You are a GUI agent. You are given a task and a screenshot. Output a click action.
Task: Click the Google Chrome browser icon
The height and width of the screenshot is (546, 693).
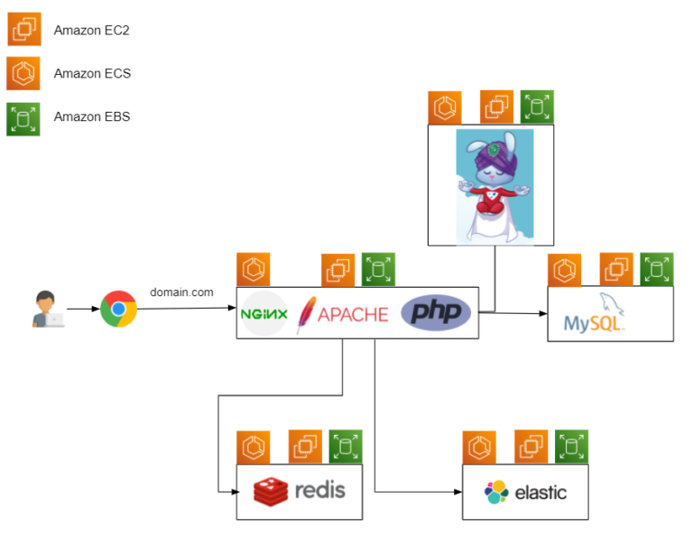coord(118,309)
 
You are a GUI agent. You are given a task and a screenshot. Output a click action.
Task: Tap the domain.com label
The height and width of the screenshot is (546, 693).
coord(181,292)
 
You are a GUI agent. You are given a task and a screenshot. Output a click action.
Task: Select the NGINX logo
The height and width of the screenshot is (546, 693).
coord(264,314)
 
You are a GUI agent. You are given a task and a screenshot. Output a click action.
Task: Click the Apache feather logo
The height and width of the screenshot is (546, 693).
coord(307,314)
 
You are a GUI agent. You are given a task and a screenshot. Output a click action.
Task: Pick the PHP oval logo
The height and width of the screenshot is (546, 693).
coord(436,312)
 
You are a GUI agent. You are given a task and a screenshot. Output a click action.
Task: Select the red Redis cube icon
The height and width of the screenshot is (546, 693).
coord(271,491)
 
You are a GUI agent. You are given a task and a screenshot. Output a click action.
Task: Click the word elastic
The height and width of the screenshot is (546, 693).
coord(541,493)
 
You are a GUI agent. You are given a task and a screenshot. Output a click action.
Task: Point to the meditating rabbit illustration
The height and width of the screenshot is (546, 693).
coord(494,185)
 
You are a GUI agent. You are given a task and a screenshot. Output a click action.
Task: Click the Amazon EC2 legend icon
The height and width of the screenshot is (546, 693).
coord(23,30)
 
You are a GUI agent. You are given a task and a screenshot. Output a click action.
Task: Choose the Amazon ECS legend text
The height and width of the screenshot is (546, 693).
coord(92,73)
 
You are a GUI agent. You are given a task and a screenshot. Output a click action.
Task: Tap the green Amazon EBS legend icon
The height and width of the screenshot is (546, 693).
coord(23,118)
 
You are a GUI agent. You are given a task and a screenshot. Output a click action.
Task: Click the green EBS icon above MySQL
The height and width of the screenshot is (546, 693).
coord(657,269)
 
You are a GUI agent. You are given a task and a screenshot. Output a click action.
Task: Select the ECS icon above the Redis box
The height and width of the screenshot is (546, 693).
coord(254,447)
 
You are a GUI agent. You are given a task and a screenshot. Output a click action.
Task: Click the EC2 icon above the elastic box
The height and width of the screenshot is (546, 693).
coord(531,447)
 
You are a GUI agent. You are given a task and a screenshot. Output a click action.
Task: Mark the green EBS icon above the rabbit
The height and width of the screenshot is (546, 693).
coord(538,106)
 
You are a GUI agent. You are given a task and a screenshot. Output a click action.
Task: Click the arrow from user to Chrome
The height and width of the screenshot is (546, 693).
coord(82,309)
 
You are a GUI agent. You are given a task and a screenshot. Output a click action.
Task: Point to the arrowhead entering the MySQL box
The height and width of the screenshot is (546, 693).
coord(543,314)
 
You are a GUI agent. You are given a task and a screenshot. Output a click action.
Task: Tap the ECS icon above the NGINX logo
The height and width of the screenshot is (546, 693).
coord(254,269)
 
